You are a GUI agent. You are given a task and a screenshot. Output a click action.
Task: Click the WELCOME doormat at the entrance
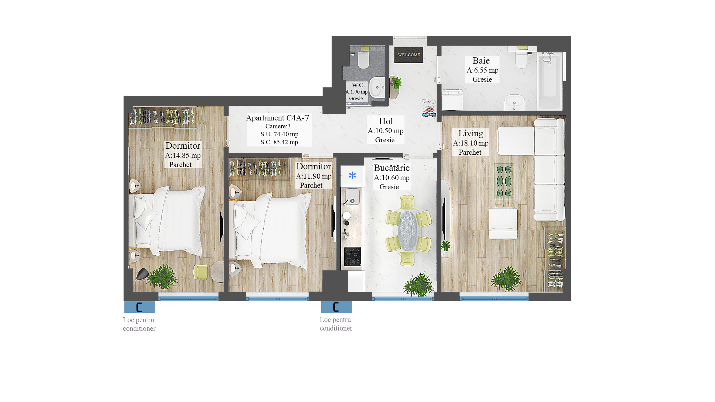click(x=409, y=55)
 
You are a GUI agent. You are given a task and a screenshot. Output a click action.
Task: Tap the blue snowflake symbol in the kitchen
click(x=352, y=175)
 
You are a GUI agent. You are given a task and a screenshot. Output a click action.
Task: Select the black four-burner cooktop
click(x=352, y=257)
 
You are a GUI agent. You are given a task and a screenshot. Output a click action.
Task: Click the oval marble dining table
click(x=408, y=231)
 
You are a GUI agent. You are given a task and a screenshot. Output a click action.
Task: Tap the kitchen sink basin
click(x=352, y=196)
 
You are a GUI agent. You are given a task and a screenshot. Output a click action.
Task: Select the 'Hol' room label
click(x=386, y=121)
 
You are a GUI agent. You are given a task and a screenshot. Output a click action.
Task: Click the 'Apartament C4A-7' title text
click(x=277, y=118)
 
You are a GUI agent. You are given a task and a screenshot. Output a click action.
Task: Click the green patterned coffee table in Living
click(x=504, y=181)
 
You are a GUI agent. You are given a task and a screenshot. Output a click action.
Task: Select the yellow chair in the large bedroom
click(x=200, y=272)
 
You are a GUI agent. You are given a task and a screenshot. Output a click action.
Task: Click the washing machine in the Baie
click(x=452, y=100)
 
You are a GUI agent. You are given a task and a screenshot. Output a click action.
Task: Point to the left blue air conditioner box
click(x=140, y=307)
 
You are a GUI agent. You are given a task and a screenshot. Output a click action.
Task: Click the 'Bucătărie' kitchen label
click(x=392, y=168)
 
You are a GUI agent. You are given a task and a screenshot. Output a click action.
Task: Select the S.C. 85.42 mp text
click(x=279, y=142)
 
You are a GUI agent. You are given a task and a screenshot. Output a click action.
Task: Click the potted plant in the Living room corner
click(x=507, y=279)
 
